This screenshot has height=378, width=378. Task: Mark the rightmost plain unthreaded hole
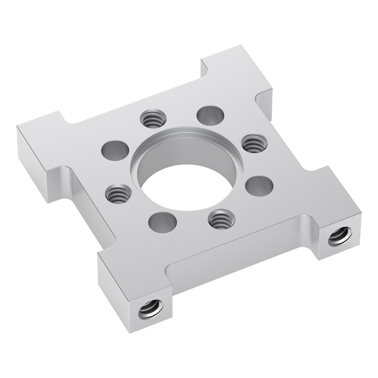(x=259, y=185)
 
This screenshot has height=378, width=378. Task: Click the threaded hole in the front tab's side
(x=151, y=311)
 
